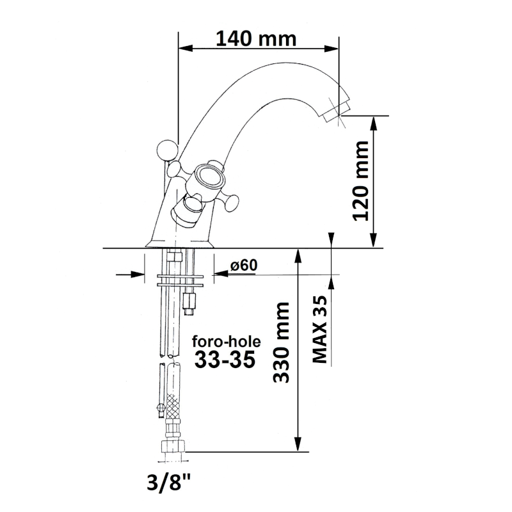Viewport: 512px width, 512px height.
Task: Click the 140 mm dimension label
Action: point(256,39)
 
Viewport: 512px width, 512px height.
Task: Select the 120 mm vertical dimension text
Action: point(362,181)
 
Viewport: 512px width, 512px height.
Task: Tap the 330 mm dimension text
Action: point(282,342)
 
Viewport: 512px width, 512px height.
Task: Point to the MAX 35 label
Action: point(320,329)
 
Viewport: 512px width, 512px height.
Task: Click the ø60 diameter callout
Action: point(244,265)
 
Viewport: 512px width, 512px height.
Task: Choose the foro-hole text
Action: point(227,342)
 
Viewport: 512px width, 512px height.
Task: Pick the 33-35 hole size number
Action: point(225,360)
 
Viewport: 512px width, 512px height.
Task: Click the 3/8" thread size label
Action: point(169,483)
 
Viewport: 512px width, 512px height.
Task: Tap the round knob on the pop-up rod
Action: point(168,150)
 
